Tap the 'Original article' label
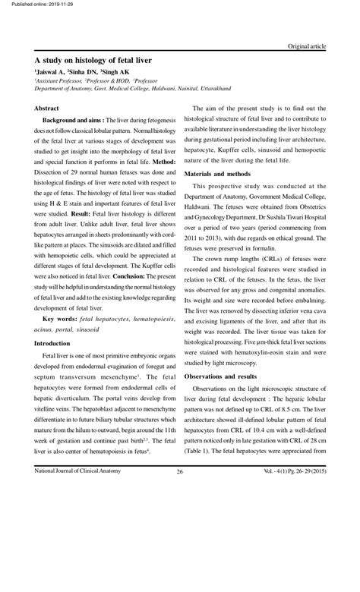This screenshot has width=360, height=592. [x=307, y=46]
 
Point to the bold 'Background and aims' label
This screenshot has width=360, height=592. [x=73, y=121]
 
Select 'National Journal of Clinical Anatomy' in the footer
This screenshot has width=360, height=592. [x=78, y=471]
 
